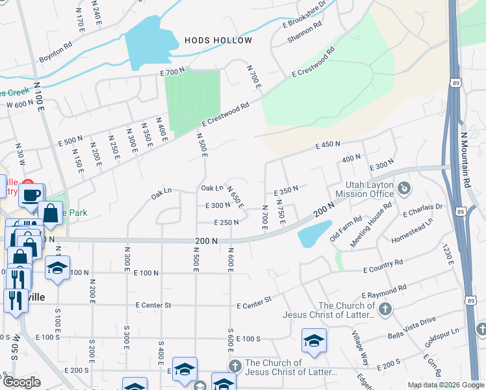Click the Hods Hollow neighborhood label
point(218,40)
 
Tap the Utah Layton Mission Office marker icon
point(404,188)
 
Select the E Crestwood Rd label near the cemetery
point(225,114)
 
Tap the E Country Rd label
point(383,265)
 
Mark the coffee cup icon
point(31,194)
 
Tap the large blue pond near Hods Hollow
point(149,41)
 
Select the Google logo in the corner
point(21,382)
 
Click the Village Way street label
point(360,341)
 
